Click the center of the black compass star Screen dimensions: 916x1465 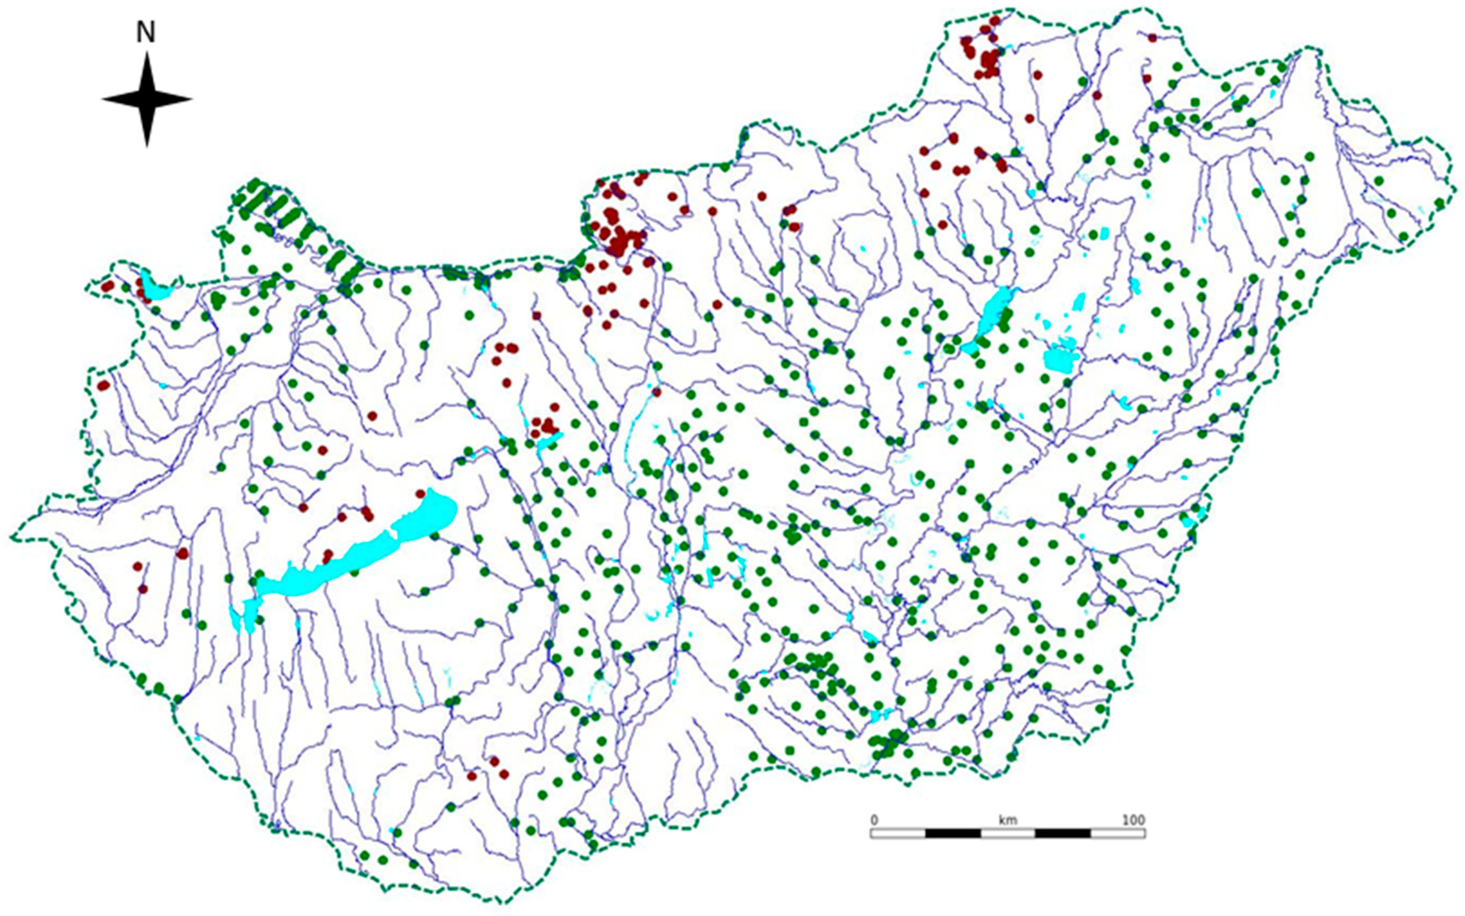146,99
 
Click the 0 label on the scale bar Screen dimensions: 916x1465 874,820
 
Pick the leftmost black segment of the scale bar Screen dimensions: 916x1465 953,834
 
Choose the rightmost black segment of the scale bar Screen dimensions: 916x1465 1062,834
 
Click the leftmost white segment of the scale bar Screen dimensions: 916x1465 898,834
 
